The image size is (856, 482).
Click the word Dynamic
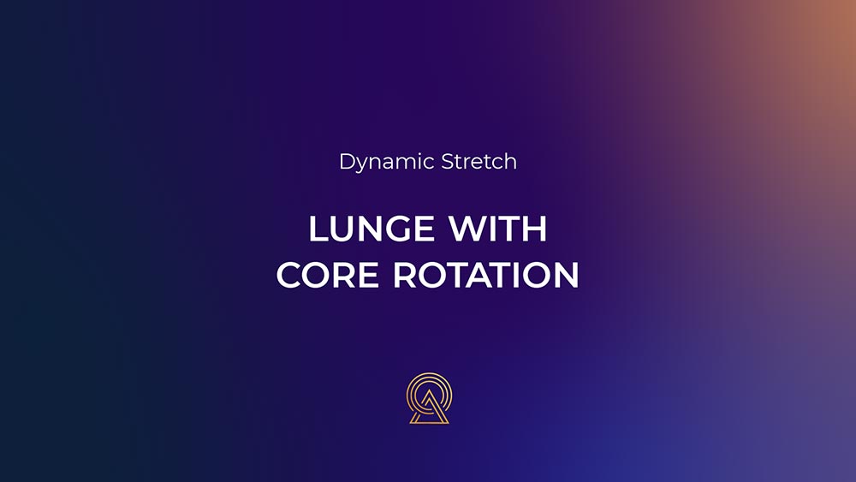387,163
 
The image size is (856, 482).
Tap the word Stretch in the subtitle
479,162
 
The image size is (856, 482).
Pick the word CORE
328,275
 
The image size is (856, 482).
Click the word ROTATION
486,275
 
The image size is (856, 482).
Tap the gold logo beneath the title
429,398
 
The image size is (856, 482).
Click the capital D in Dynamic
348,162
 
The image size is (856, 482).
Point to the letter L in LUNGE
318,229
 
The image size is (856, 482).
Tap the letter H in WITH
535,229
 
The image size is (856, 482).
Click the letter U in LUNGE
343,229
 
